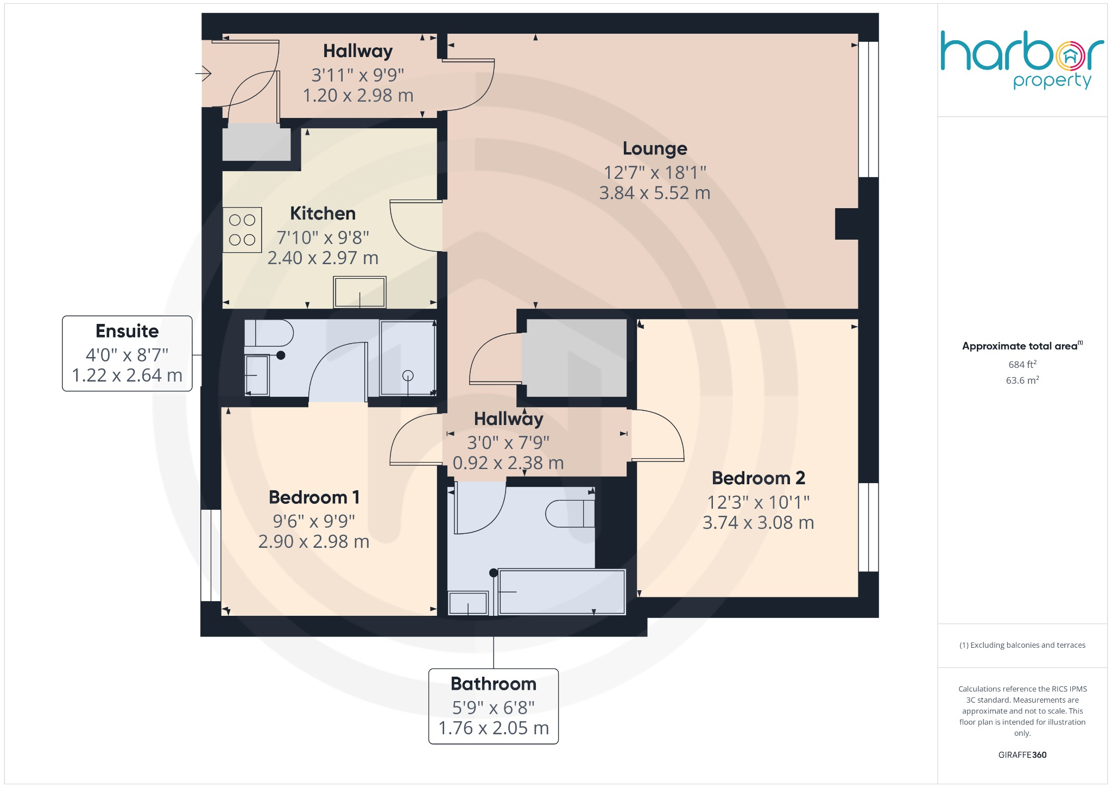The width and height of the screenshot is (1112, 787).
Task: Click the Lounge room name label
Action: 654,148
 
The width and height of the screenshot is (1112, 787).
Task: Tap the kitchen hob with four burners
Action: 242,230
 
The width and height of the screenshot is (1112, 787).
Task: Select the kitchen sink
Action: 360,292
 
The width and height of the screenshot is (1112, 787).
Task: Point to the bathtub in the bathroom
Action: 561,591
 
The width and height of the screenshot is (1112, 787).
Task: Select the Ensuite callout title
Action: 127,331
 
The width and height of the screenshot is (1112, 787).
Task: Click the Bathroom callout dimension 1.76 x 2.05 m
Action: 493,728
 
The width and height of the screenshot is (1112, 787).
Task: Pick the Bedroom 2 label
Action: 758,478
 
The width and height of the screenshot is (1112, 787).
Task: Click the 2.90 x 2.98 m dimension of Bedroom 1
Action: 314,541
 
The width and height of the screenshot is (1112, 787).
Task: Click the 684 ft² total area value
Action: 1022,365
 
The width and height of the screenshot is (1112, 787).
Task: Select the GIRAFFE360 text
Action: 1022,754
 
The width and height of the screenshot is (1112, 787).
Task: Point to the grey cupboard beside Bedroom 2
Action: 576,358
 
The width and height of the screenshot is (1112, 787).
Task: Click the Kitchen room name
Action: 323,214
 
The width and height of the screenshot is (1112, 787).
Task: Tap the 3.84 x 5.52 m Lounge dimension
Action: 654,193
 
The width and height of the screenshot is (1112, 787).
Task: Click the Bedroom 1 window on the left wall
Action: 211,555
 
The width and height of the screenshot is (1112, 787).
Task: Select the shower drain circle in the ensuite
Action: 408,376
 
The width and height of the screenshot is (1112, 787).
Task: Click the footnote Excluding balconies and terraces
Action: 1022,645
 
